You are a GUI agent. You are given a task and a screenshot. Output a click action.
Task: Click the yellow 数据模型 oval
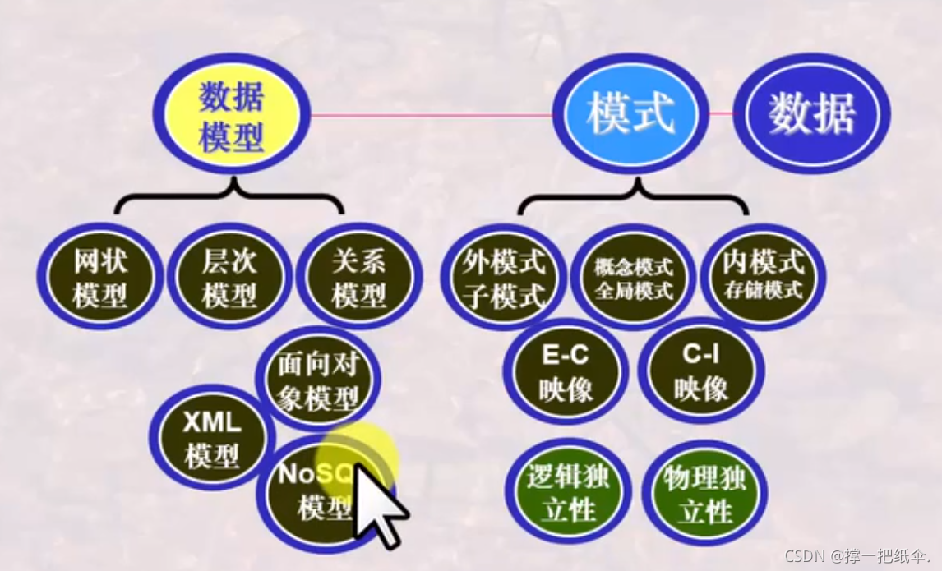(x=231, y=113)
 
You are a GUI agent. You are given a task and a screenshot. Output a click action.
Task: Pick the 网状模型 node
(x=100, y=278)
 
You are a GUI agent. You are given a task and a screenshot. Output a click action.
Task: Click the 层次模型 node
(x=229, y=278)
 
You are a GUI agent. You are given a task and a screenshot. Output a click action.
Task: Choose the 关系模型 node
(x=358, y=278)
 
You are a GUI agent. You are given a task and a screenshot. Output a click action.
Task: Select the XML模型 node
(x=210, y=438)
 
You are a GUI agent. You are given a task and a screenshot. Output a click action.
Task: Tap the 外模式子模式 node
(x=504, y=278)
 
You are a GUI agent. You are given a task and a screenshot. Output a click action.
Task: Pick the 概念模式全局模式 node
(x=633, y=278)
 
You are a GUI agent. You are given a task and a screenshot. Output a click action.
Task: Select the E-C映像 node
(x=566, y=371)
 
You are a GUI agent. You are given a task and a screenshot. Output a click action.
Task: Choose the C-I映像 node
(x=700, y=371)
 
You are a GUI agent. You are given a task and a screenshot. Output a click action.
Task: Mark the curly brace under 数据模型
(x=229, y=196)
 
